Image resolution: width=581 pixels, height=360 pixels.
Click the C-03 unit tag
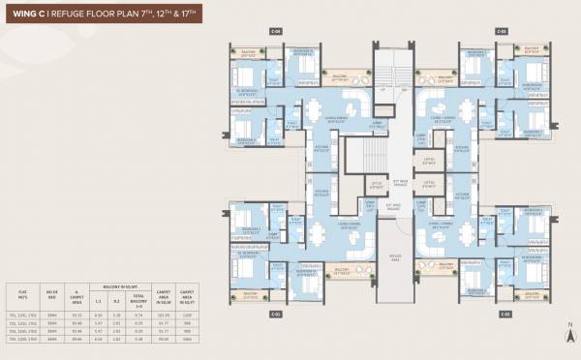pos(503,31)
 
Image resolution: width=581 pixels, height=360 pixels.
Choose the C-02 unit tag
pos(505,315)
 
